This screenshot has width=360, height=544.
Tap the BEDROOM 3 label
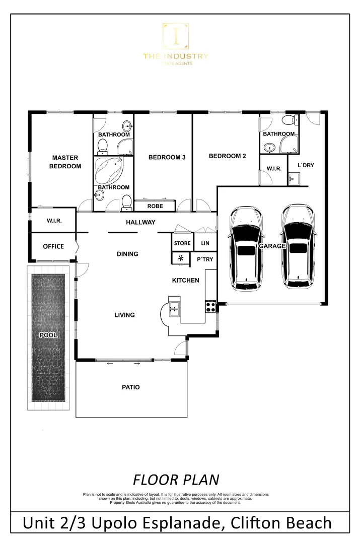(167, 157)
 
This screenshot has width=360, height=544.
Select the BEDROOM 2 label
(227, 156)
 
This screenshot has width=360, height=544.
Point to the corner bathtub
(110, 169)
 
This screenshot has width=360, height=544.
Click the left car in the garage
(246, 249)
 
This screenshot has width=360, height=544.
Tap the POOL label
(49, 335)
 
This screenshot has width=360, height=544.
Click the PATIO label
(131, 387)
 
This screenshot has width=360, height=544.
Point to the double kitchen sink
(175, 308)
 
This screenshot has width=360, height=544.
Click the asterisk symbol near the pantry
(180, 259)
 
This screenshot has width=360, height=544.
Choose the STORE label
(182, 243)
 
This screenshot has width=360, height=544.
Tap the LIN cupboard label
(205, 243)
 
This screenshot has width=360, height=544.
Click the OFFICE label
(53, 246)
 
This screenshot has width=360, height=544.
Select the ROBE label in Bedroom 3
(155, 206)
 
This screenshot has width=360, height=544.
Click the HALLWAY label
(140, 222)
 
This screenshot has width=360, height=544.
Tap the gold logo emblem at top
(175, 37)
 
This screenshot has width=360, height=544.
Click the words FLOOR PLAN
(176, 478)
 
